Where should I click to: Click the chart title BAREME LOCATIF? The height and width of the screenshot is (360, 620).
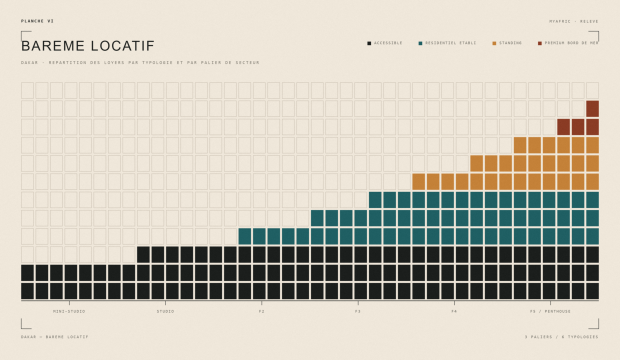[87, 46]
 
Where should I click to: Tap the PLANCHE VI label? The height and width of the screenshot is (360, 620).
[37, 21]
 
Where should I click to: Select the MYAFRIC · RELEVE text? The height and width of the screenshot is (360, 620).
[574, 21]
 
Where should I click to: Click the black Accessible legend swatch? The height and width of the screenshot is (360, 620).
[369, 43]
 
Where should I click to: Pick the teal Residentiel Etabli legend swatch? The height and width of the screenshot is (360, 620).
[420, 43]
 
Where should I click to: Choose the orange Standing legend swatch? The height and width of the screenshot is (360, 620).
[494, 43]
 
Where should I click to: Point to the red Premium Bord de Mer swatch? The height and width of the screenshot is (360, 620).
[539, 43]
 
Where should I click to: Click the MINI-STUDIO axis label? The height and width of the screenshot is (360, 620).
[69, 311]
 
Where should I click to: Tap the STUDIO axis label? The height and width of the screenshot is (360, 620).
[165, 311]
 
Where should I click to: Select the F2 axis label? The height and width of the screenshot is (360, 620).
[261, 311]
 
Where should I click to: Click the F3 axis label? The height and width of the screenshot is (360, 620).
[358, 311]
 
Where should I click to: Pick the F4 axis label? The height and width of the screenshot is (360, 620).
[454, 311]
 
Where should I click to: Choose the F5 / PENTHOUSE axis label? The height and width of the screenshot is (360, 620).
[550, 311]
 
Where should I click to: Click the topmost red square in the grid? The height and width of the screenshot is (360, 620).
[592, 108]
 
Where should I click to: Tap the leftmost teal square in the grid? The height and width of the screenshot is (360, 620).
[244, 236]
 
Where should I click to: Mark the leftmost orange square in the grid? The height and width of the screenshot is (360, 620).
[418, 181]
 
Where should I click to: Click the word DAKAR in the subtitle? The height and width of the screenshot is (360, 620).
[29, 62]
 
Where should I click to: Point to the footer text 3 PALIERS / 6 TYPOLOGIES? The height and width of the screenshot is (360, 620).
[561, 337]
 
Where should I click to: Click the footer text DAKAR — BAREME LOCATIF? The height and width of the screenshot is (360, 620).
[55, 337]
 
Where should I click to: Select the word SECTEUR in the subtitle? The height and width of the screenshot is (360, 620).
[247, 62]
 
